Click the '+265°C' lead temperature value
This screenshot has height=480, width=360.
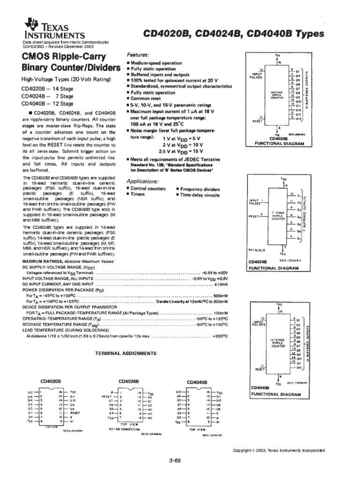pos(220,336)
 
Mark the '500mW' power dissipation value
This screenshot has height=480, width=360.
pos(220,296)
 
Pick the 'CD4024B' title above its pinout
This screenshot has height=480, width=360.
pos(128,381)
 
